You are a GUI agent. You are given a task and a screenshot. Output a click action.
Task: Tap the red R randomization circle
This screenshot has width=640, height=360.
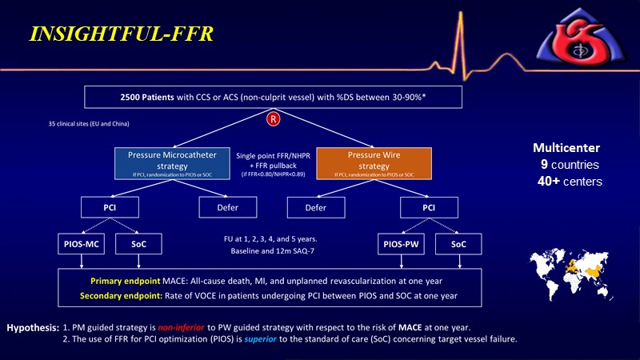tap(274, 120)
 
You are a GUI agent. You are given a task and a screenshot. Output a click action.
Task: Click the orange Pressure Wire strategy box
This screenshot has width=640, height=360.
tap(386, 161)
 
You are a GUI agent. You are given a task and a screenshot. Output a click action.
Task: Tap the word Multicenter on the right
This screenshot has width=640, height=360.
tap(565, 148)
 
